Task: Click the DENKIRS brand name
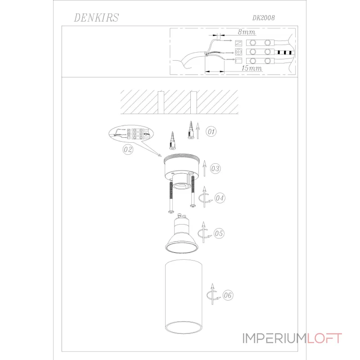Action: (x=96, y=18)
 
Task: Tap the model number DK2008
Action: (x=263, y=18)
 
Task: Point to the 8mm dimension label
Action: (x=246, y=32)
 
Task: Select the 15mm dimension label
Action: (x=252, y=68)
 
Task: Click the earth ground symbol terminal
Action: (x=238, y=52)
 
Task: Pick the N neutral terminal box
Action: (x=238, y=43)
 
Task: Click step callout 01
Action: (x=211, y=131)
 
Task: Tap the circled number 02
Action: (x=128, y=149)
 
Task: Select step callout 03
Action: (x=215, y=168)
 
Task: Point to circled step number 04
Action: (x=220, y=198)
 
